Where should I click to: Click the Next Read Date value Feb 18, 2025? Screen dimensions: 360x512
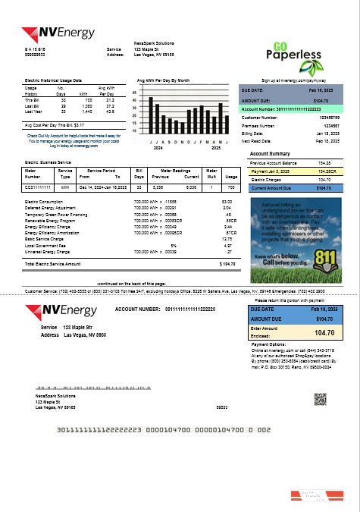[x=327, y=141]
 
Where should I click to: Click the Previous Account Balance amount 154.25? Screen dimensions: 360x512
[x=324, y=163]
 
